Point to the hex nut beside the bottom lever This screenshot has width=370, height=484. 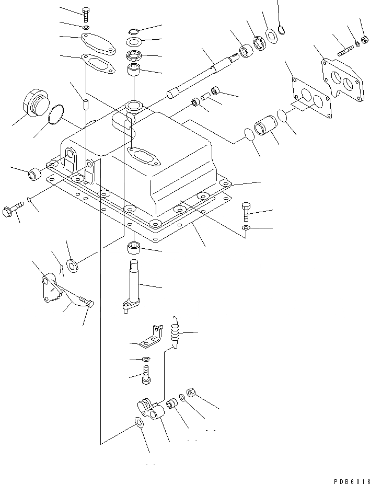tap(191, 393)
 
